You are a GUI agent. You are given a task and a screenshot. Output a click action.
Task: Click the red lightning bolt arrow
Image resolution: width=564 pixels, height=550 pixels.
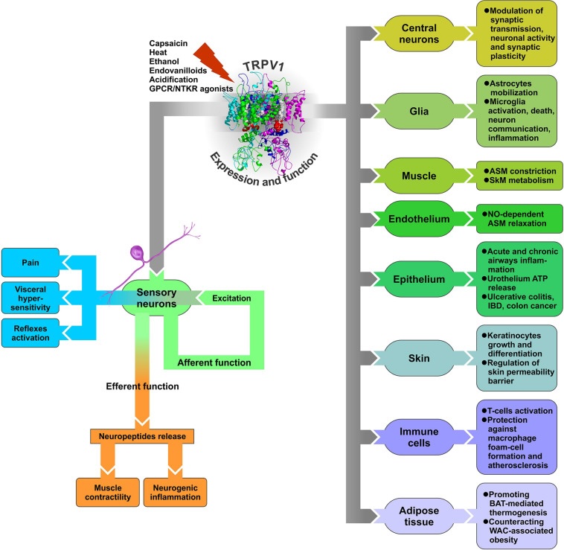click(x=214, y=63)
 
